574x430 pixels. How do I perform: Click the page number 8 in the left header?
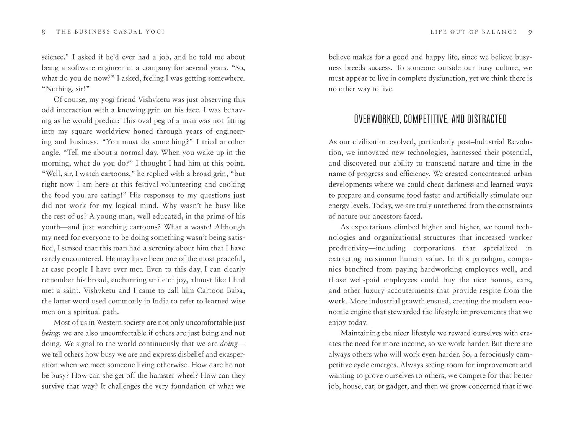pos(44,32)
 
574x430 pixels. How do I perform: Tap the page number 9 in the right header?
pos(530,32)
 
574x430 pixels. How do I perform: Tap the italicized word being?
pos(50,333)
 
